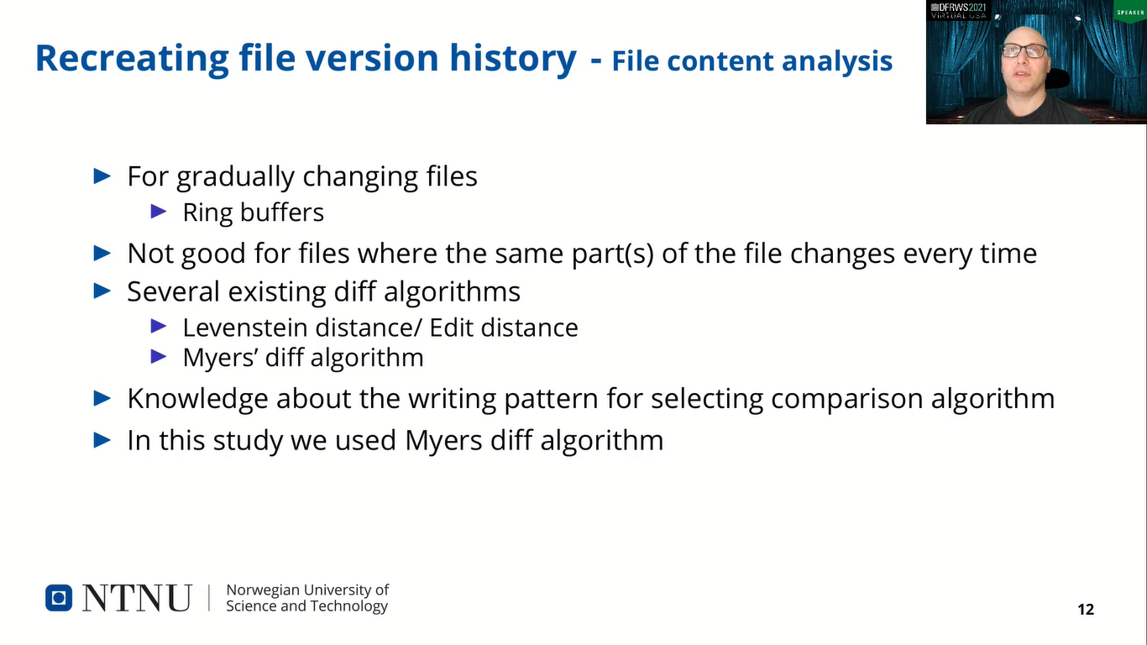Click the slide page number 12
1086,610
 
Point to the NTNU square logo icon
59,598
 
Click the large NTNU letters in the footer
137,598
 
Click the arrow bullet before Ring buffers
159,212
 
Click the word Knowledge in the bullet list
198,398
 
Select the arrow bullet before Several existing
102,291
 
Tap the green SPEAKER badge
1129,12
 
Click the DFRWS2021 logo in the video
959,10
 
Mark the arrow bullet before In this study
102,439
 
